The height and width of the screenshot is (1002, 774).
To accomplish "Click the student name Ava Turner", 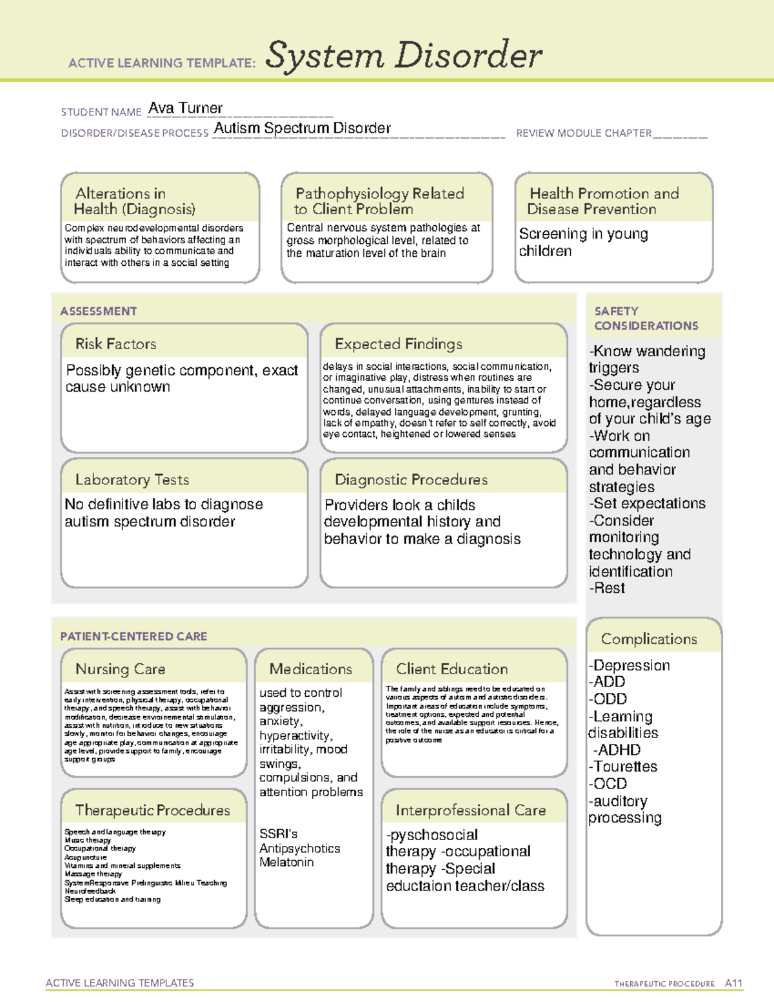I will (x=185, y=108).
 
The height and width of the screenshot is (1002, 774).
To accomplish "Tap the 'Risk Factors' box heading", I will (x=116, y=344).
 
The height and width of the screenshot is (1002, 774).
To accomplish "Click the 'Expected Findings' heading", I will (x=398, y=344).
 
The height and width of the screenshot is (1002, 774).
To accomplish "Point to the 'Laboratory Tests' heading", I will (x=132, y=479).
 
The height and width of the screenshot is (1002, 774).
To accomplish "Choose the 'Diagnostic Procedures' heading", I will (x=411, y=479).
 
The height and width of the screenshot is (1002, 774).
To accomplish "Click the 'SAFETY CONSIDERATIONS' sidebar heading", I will (x=646, y=319).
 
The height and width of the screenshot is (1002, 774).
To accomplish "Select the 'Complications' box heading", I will (x=649, y=639).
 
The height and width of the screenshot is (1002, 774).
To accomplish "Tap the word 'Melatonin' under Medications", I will (x=286, y=862).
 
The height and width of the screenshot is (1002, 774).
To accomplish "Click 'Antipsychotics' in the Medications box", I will (x=299, y=848).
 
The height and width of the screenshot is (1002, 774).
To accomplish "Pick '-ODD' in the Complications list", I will (x=608, y=699).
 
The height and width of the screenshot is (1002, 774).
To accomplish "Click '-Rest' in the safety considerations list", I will (x=607, y=588).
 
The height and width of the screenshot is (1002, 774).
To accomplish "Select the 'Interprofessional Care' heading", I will (x=471, y=810).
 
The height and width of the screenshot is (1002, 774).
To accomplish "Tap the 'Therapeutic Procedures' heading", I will (x=152, y=810).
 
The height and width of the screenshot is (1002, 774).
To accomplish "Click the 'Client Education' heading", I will (x=451, y=669).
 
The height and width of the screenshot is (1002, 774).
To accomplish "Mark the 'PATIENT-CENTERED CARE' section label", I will (x=134, y=636).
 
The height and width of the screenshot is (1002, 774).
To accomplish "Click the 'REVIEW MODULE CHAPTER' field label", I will (x=584, y=133).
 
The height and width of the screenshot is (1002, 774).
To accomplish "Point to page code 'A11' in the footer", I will (x=733, y=983).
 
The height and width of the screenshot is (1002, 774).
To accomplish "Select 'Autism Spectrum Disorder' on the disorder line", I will (x=302, y=128).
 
